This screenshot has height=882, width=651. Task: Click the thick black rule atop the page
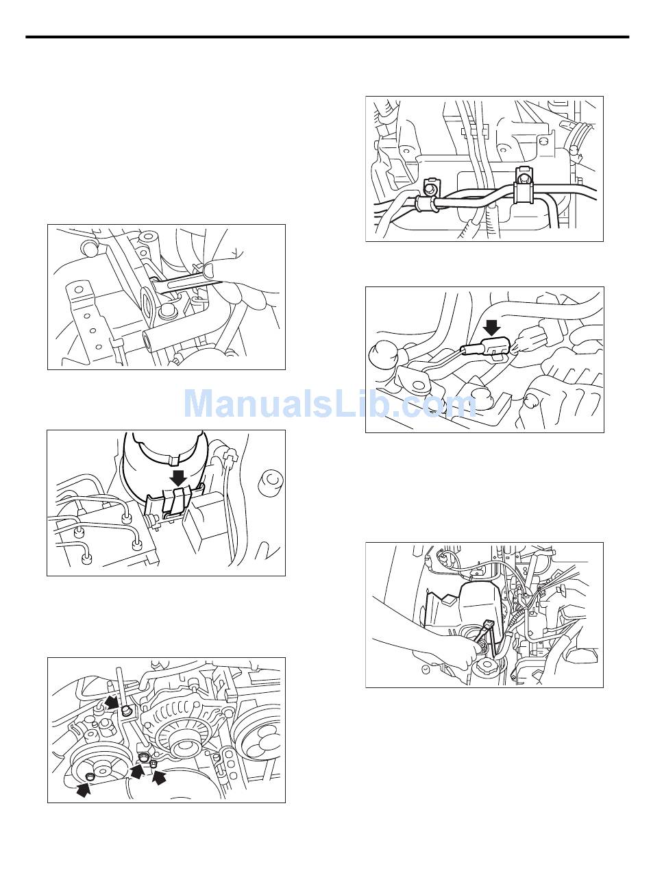tap(327, 38)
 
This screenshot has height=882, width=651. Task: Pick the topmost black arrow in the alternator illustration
tap(112, 702)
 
